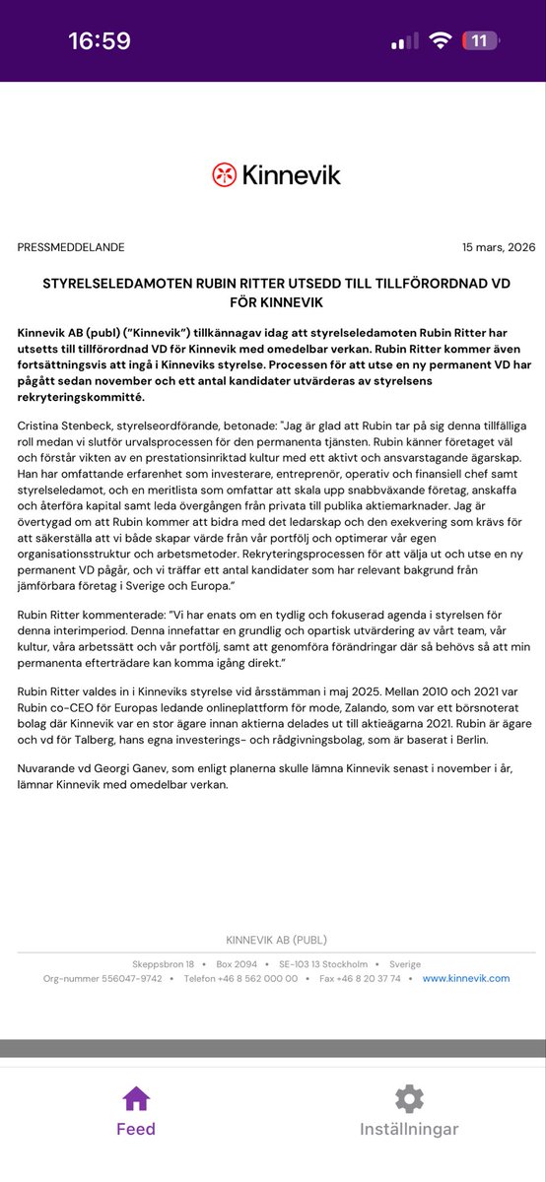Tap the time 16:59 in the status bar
tap(99, 40)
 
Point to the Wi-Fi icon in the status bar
tap(441, 40)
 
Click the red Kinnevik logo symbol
tap(225, 174)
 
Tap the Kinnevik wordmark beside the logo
tap(292, 174)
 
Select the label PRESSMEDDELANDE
tap(71, 247)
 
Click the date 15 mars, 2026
tap(499, 247)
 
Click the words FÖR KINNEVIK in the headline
tap(272, 301)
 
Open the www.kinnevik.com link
tap(466, 978)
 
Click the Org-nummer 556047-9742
tap(102, 978)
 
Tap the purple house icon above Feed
tap(136, 1098)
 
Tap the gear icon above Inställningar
tap(409, 1098)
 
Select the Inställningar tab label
tap(409, 1129)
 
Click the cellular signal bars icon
tap(404, 41)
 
